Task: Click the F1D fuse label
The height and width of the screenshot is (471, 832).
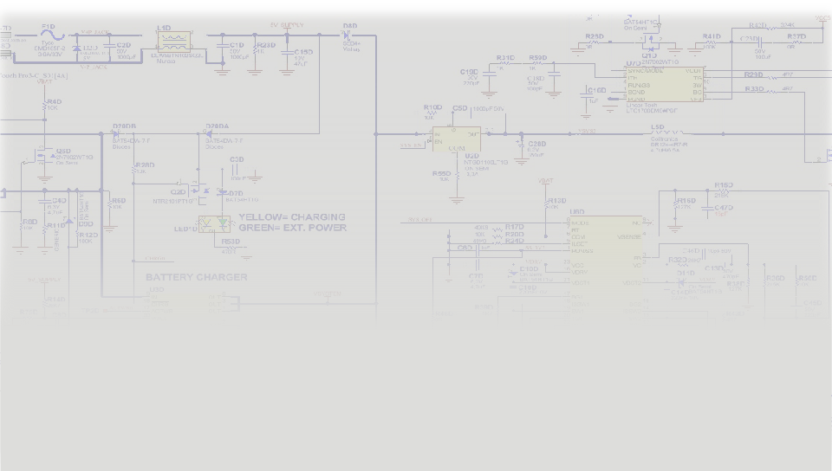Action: (x=48, y=27)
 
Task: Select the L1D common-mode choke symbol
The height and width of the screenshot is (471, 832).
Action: (x=173, y=42)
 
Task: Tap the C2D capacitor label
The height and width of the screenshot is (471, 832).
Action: (x=123, y=45)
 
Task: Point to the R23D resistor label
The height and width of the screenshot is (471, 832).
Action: (x=267, y=45)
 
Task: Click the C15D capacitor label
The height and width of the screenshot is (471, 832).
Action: (x=303, y=52)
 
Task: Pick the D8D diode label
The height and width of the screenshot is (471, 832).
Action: (x=349, y=26)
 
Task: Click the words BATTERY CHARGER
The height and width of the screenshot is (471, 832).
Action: (x=196, y=278)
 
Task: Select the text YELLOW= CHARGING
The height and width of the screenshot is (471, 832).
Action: (x=291, y=217)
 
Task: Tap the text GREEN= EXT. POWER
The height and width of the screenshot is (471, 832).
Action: (x=292, y=228)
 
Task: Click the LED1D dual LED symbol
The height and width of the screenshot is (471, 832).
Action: (x=214, y=223)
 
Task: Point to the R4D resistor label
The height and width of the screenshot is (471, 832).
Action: (x=53, y=101)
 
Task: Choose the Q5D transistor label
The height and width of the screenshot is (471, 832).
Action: (x=63, y=151)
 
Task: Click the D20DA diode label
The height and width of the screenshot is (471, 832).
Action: (x=217, y=126)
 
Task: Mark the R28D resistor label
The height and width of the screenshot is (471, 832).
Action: (x=145, y=165)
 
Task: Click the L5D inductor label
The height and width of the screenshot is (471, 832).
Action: (x=658, y=126)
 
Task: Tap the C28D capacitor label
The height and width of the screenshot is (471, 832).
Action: (x=537, y=144)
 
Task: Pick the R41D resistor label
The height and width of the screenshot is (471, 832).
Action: (x=712, y=36)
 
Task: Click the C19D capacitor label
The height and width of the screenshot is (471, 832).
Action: (x=469, y=71)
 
